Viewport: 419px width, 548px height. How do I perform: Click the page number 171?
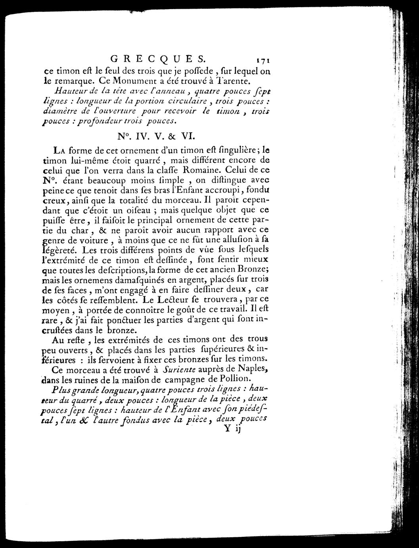pyautogui.click(x=262, y=60)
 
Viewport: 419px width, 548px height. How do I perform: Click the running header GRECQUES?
pyautogui.click(x=158, y=59)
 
